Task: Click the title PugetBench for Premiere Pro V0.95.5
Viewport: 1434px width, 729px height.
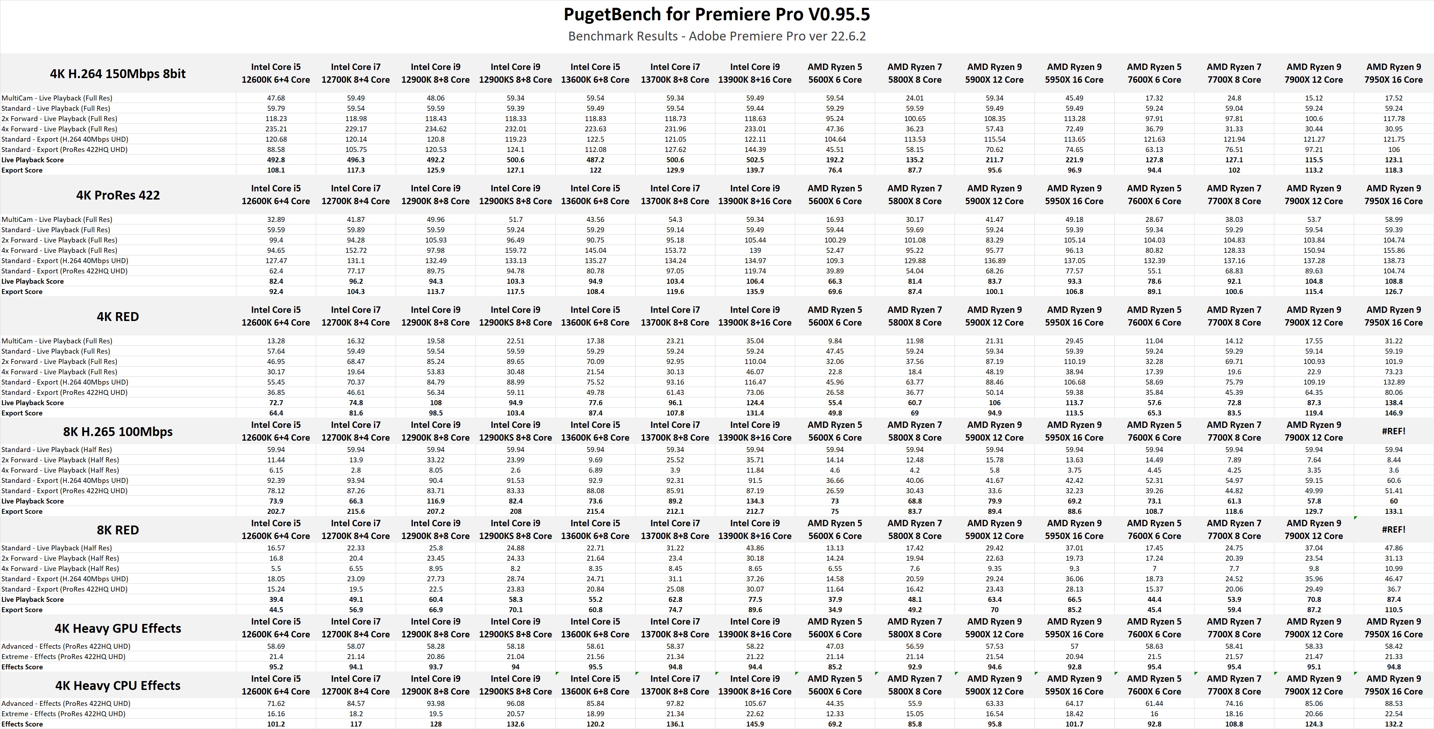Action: (716, 14)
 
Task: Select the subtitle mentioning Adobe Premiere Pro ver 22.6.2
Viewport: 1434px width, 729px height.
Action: (716, 36)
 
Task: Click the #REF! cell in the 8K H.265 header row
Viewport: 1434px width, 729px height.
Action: (1393, 431)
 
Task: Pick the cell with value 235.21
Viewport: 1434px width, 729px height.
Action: (276, 129)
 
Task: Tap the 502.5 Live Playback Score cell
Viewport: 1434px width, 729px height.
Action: (755, 160)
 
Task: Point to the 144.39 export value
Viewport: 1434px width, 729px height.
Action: (755, 149)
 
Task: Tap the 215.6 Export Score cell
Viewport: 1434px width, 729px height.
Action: (356, 511)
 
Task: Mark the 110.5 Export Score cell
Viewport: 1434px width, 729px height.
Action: (1393, 610)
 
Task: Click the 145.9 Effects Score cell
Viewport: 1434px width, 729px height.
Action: (755, 724)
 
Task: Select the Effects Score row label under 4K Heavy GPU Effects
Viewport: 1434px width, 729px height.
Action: (22, 667)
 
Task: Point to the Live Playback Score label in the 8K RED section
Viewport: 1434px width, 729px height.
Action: (32, 599)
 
